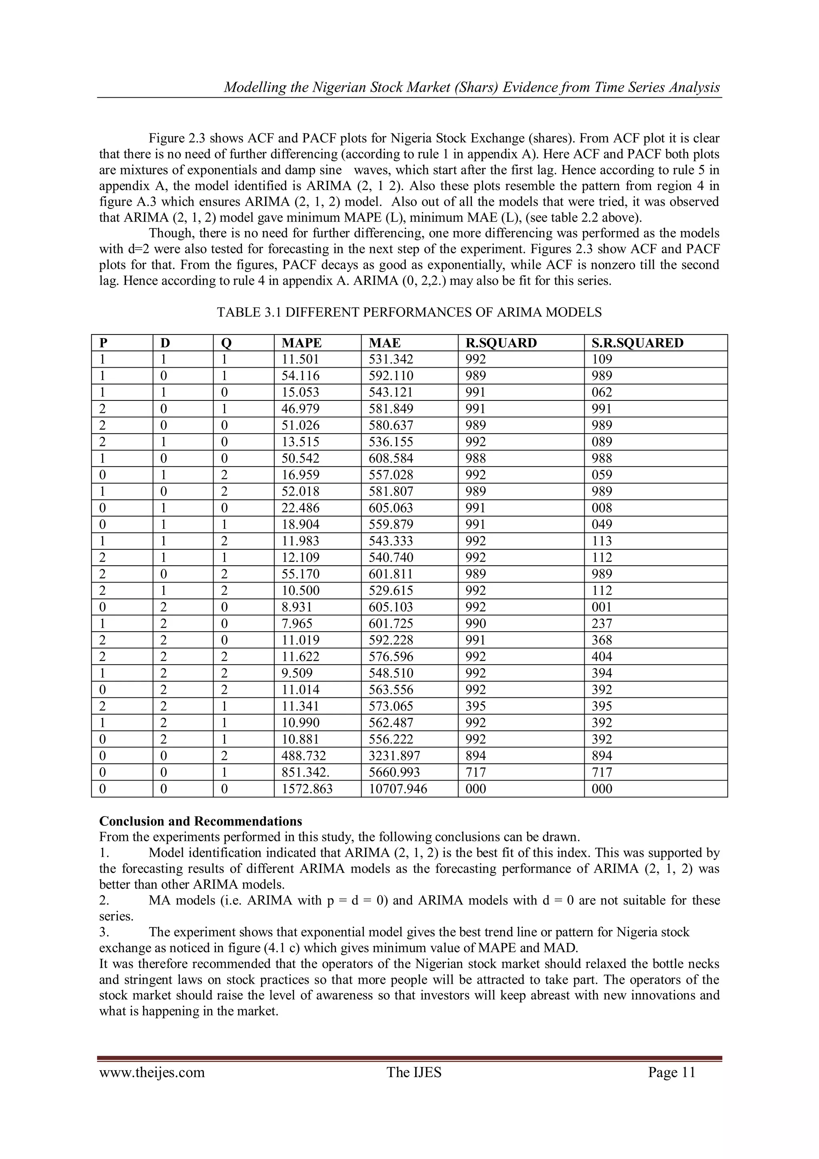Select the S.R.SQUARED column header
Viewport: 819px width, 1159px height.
(637, 343)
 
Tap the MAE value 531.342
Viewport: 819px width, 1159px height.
(391, 359)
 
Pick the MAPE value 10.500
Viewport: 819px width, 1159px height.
(301, 591)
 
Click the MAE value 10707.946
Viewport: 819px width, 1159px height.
(398, 789)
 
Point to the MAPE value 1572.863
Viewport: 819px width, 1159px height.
(307, 789)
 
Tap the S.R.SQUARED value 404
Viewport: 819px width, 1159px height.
(601, 657)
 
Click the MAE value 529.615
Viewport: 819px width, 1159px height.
(391, 591)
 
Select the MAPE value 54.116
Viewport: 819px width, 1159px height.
(301, 376)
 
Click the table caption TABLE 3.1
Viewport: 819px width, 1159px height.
(409, 312)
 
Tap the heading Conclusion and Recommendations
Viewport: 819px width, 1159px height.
(200, 821)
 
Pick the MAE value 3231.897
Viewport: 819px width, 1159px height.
(395, 756)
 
